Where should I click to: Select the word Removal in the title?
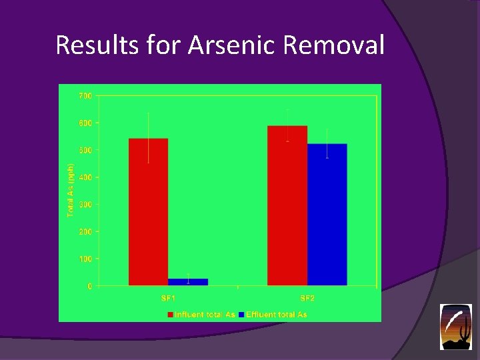click(334, 45)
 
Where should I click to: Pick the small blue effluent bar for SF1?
click(188, 282)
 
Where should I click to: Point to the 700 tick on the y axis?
click(85, 96)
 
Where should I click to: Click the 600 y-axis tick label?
click(85, 123)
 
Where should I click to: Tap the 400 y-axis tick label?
click(85, 177)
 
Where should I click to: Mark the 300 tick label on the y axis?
click(85, 205)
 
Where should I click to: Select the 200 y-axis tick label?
click(85, 232)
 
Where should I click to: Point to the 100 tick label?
click(85, 259)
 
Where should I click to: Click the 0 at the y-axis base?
click(90, 286)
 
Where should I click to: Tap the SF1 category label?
click(168, 298)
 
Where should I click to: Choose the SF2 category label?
click(307, 298)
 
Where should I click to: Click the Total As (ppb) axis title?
click(70, 190)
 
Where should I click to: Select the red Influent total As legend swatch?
click(171, 314)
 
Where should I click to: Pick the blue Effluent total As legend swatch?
click(241, 314)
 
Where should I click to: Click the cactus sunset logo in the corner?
click(455, 327)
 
